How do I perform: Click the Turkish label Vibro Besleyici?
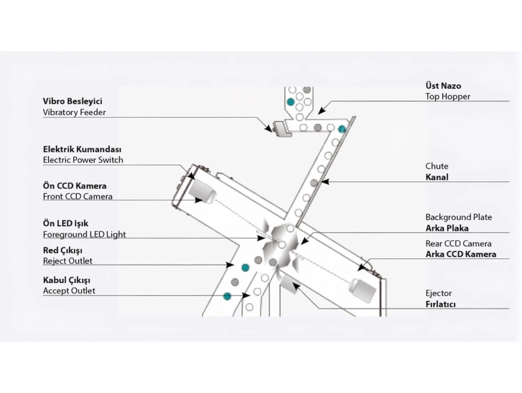(72, 101)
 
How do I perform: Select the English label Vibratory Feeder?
(74, 113)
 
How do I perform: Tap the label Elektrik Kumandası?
(82, 149)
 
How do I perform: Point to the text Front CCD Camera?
(77, 196)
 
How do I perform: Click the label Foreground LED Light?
(84, 234)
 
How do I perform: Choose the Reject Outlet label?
(67, 261)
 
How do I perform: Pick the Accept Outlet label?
(69, 291)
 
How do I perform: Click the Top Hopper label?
(447, 96)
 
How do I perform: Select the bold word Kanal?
(437, 177)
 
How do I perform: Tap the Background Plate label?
(459, 217)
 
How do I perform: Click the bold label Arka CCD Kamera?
(460, 255)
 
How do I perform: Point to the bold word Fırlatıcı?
(440, 305)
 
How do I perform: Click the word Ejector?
(438, 293)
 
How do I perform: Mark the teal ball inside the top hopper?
(291, 102)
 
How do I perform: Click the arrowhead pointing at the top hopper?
(321, 110)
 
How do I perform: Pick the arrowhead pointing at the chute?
(324, 182)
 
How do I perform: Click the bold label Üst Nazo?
(443, 86)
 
